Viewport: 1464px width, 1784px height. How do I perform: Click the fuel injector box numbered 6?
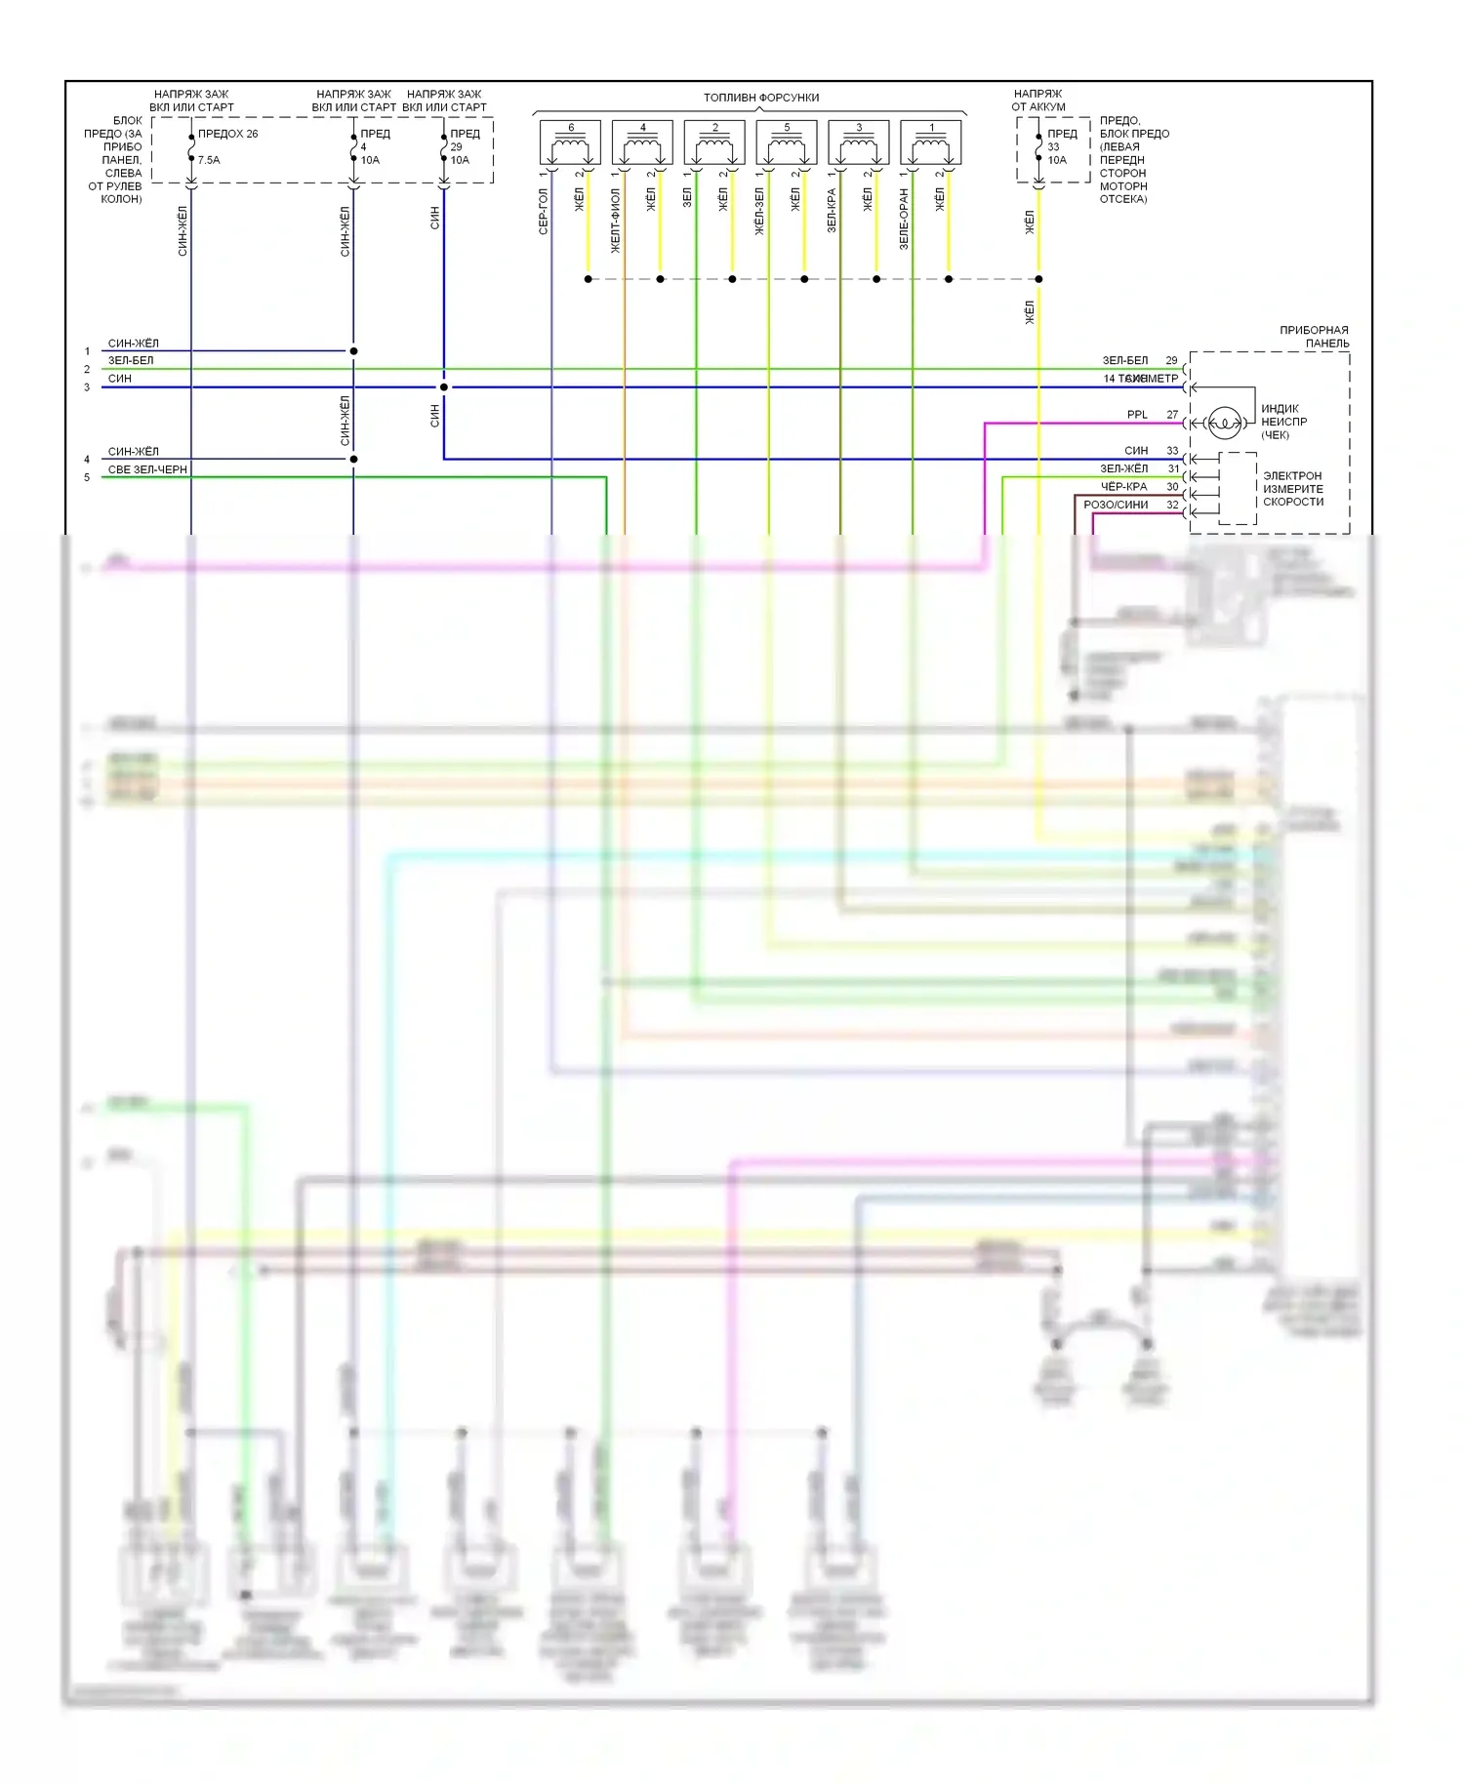pos(571,142)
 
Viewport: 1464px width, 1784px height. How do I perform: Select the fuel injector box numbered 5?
pos(787,142)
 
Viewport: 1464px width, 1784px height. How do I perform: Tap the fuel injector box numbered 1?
pos(931,142)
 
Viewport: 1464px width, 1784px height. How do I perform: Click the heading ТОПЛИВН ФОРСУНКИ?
pos(761,98)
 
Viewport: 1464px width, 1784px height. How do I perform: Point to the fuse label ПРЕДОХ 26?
pos(227,134)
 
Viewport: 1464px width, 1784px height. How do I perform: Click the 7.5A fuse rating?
pos(209,160)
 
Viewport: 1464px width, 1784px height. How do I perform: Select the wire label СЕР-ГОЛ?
pos(544,212)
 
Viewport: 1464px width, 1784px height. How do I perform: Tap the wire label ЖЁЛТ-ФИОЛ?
pos(616,221)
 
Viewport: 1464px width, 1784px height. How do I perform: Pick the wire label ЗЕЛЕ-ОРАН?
pos(904,219)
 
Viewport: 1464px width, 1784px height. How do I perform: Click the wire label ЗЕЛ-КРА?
pos(832,210)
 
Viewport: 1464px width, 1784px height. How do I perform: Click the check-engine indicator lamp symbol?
pos(1224,424)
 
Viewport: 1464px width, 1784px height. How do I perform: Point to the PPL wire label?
pos(1137,415)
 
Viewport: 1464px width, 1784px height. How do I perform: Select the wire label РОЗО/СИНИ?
pos(1116,505)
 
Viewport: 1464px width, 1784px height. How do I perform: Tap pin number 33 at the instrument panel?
pos(1172,451)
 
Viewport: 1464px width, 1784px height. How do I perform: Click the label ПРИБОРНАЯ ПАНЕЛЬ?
pos(1314,337)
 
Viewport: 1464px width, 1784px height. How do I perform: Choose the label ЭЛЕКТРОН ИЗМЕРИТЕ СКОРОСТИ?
pos(1293,489)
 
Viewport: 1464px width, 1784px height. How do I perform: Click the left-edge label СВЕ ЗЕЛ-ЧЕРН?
pos(146,469)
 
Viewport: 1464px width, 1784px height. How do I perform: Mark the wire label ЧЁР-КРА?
pos(1123,487)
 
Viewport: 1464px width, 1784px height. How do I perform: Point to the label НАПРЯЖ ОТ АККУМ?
pos(1037,101)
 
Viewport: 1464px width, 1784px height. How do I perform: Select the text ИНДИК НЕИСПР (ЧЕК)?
pos(1283,422)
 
